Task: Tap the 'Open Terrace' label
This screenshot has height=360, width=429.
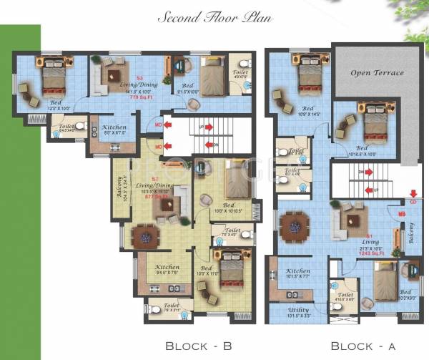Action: coord(377,73)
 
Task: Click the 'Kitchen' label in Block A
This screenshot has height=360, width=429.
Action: coord(298,271)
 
